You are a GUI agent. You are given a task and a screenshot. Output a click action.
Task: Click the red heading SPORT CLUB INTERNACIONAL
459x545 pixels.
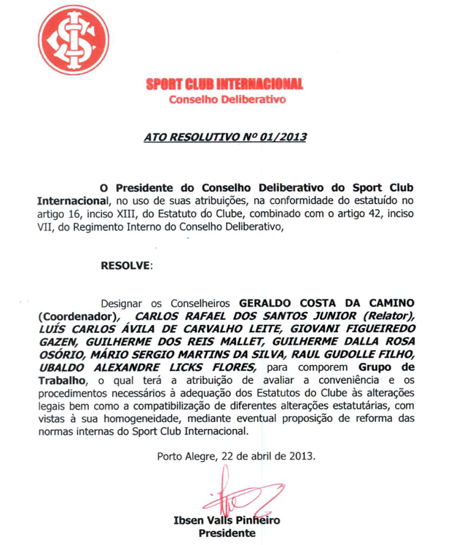tap(224, 85)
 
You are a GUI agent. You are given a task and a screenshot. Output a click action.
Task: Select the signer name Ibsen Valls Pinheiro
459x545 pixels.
tap(227, 520)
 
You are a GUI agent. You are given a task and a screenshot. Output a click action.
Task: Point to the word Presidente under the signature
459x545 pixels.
tap(227, 533)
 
